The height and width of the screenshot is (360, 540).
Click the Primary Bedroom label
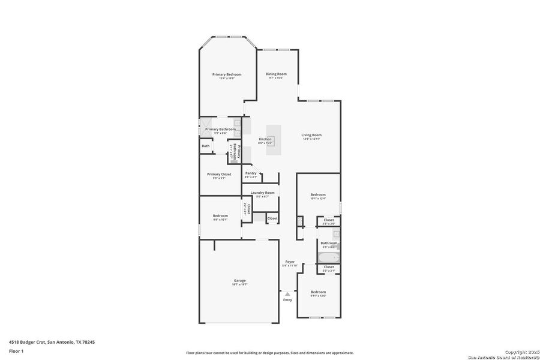(226, 74)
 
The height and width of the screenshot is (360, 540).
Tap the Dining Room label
(276, 74)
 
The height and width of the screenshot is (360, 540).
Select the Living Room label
(311, 135)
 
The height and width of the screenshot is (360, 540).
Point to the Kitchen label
(265, 139)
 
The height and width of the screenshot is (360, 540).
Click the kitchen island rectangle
(274, 139)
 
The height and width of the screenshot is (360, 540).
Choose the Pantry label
(251, 173)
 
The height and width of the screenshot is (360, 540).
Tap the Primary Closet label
(219, 174)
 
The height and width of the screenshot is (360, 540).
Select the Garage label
(239, 280)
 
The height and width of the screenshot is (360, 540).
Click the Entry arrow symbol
(287, 294)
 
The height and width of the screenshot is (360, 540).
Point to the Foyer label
(290, 262)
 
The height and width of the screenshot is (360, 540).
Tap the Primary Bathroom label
(220, 129)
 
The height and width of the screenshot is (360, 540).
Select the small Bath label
(205, 146)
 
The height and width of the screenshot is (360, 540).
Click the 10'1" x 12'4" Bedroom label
(318, 194)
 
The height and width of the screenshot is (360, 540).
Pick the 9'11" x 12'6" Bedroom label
(318, 292)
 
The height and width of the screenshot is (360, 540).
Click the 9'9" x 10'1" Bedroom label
(220, 215)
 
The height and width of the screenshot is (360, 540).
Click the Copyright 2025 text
(518, 352)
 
